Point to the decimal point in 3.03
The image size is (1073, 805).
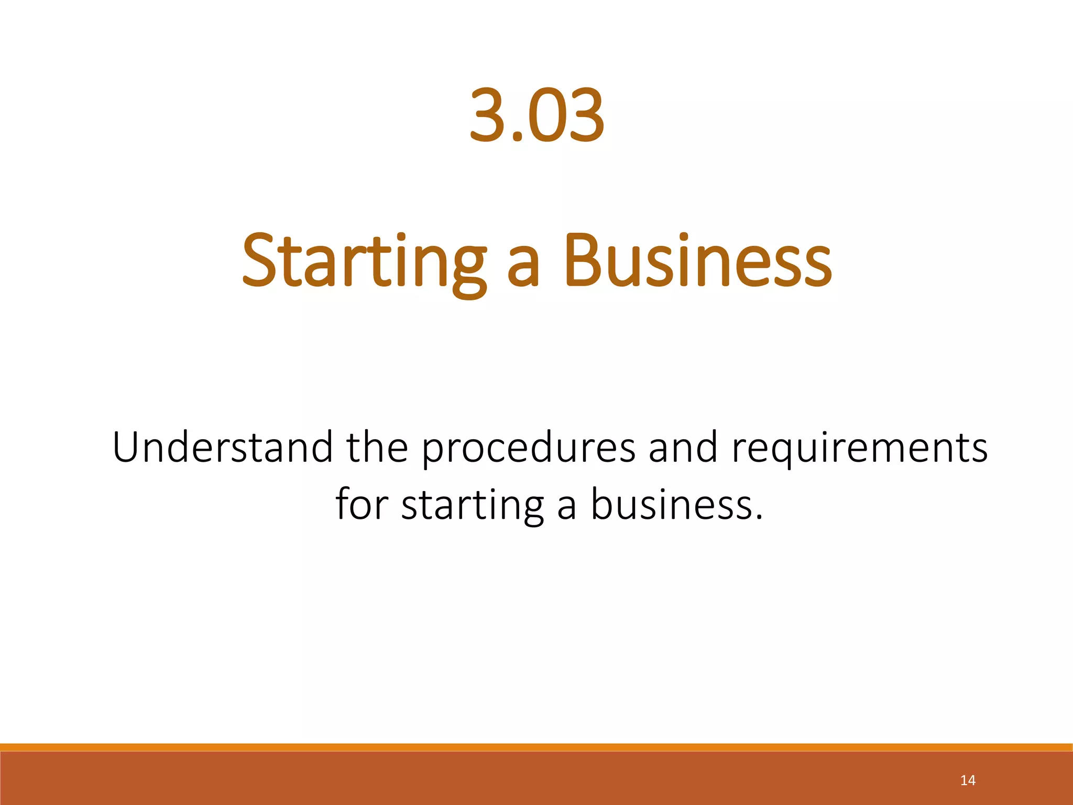[x=517, y=137]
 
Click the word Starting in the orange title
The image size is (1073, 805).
[x=364, y=262]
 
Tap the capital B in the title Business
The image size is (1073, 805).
[x=583, y=260]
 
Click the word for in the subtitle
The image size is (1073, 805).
[x=361, y=504]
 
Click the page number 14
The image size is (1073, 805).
[x=968, y=780]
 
